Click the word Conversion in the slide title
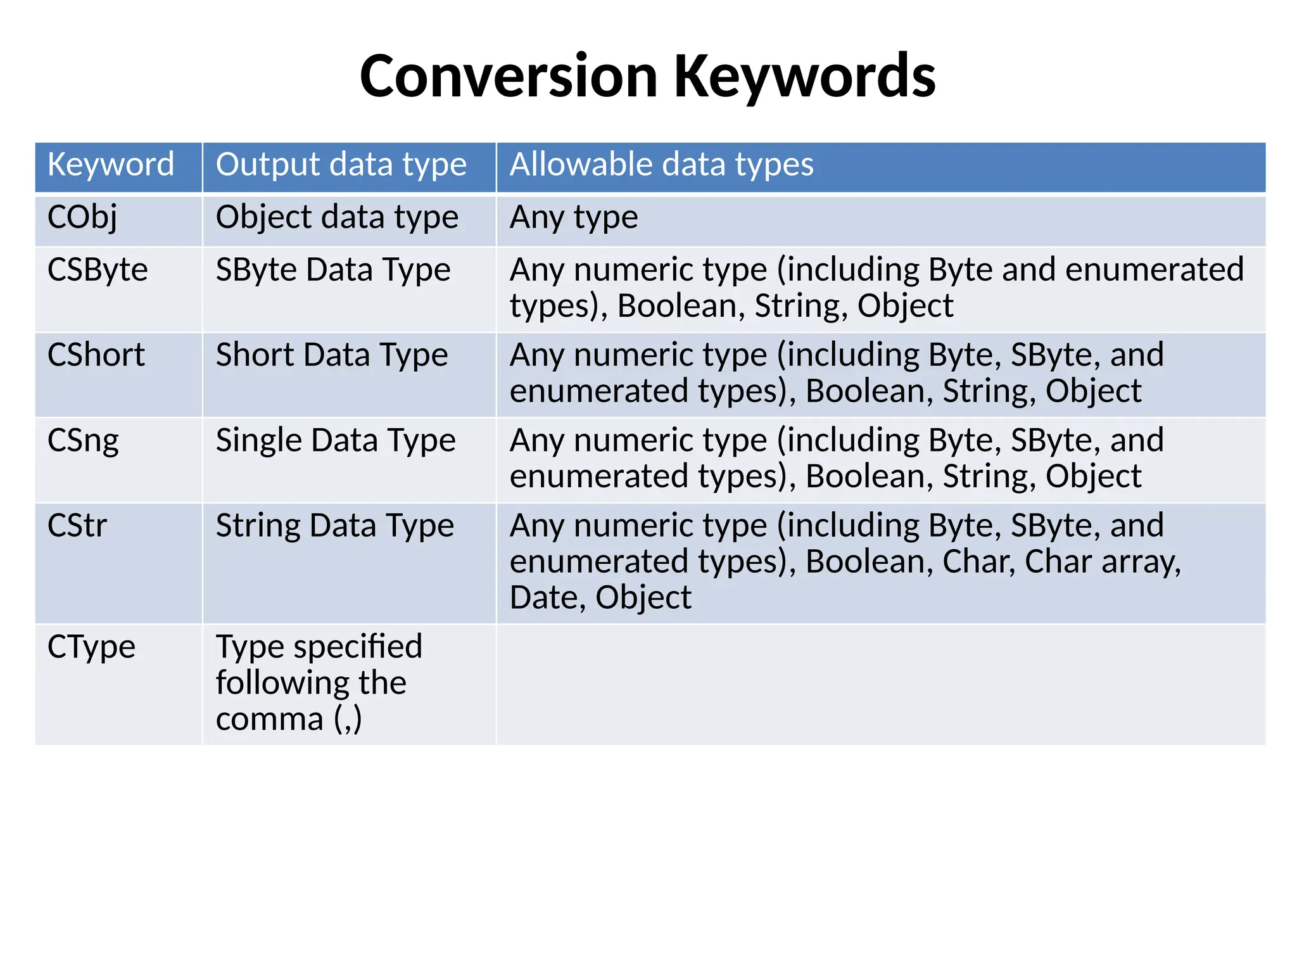pyautogui.click(x=509, y=76)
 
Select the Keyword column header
pyautogui.click(x=111, y=165)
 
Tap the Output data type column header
pyautogui.click(x=341, y=165)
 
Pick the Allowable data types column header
pyautogui.click(x=661, y=165)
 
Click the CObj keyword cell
pyautogui.click(x=82, y=217)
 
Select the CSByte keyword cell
pyautogui.click(x=98, y=270)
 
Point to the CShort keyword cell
pyautogui.click(x=96, y=355)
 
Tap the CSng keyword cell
pyautogui.click(x=83, y=440)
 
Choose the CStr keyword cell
pyautogui.click(x=77, y=526)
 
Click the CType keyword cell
pyautogui.click(x=91, y=647)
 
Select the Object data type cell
pyautogui.click(x=337, y=217)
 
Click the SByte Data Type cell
pyautogui.click(x=333, y=270)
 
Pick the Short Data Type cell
pyautogui.click(x=332, y=355)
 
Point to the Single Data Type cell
pyautogui.click(x=336, y=440)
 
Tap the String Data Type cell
pyautogui.click(x=335, y=526)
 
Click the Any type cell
pyautogui.click(x=574, y=217)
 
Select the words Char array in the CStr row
pyautogui.click(x=1103, y=562)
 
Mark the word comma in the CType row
pyautogui.click(x=270, y=719)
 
